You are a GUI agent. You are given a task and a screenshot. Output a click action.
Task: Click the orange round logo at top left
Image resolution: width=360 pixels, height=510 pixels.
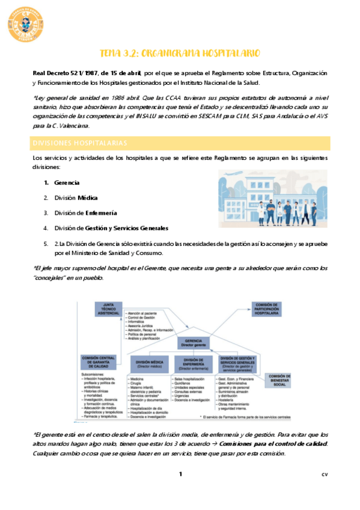(26, 25)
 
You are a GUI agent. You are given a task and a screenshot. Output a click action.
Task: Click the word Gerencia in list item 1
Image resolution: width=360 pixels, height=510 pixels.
(67, 182)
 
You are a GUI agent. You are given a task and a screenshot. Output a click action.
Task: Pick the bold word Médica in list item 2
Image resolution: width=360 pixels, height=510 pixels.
(88, 197)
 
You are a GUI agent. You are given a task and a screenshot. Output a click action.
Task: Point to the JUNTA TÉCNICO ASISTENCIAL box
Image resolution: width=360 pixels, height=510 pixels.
(109, 309)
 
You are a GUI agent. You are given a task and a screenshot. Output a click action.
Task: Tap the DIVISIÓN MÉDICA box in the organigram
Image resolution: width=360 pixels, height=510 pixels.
(146, 363)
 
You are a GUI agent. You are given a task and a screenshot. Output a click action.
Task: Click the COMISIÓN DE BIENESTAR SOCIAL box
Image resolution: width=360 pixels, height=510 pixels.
(280, 380)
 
